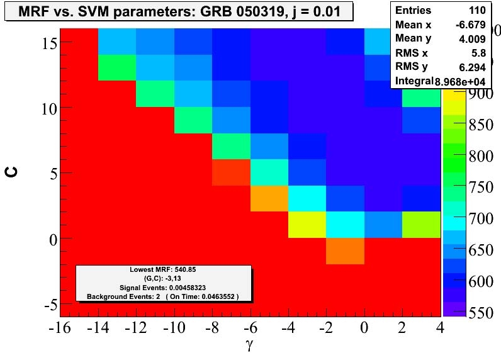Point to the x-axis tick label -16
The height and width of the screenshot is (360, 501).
(x=61, y=329)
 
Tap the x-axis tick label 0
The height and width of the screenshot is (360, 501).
(x=364, y=329)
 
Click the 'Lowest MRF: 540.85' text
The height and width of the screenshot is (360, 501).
(x=164, y=269)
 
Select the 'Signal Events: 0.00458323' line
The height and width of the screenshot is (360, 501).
(x=164, y=287)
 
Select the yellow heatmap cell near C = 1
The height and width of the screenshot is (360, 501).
(x=307, y=225)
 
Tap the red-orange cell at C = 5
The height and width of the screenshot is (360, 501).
(x=231, y=172)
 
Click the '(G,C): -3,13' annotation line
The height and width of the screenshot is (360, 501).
(x=164, y=278)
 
